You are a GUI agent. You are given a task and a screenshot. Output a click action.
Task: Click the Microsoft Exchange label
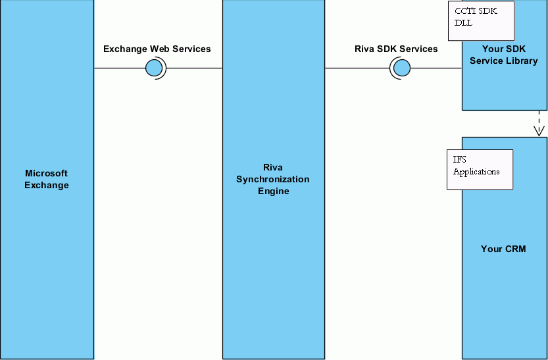tap(47, 179)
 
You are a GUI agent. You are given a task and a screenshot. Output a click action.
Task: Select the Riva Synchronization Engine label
tap(273, 179)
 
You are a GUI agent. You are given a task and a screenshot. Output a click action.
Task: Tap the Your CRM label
tap(503, 249)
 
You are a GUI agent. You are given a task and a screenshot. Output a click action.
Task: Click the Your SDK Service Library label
tap(504, 55)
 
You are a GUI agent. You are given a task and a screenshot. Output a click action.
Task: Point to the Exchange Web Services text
tap(157, 49)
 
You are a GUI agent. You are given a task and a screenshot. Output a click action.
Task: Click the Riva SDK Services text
tap(396, 49)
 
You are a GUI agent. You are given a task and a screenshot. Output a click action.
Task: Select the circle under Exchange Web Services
tap(155, 68)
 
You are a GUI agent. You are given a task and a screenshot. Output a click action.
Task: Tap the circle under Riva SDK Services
tap(401, 68)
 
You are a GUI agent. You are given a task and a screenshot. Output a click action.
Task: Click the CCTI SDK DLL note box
tap(481, 20)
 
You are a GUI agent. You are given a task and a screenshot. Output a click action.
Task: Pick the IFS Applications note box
tap(480, 169)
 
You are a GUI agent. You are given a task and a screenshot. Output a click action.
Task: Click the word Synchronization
tap(273, 179)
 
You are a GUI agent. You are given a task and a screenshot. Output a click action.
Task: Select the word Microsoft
tap(47, 173)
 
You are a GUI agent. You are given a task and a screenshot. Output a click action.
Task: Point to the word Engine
tap(273, 191)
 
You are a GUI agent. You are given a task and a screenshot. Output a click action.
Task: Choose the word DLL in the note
tap(463, 23)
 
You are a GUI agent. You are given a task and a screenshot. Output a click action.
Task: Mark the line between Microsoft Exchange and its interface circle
tap(118, 68)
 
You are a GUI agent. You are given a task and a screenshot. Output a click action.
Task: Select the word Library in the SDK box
tap(522, 61)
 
